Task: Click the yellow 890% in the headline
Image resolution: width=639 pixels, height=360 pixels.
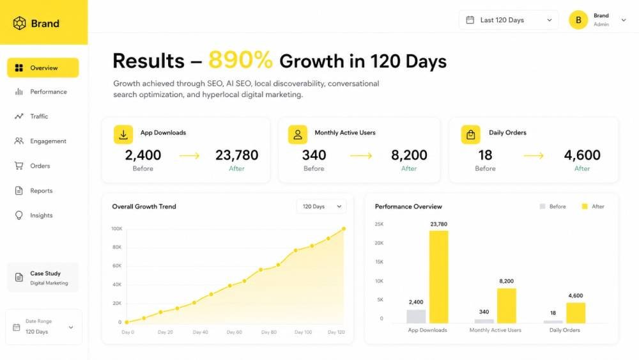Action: pyautogui.click(x=240, y=60)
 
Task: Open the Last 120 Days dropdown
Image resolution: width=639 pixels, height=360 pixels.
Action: pyautogui.click(x=509, y=20)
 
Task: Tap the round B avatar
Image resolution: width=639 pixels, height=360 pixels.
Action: pyautogui.click(x=578, y=20)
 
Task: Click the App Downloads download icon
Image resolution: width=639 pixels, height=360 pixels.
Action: pyautogui.click(x=123, y=134)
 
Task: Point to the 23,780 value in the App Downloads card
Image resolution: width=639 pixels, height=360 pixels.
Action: pyautogui.click(x=237, y=155)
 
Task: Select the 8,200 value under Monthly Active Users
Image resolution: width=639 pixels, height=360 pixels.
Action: pyautogui.click(x=409, y=155)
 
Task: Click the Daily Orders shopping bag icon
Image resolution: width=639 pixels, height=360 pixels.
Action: pyautogui.click(x=471, y=134)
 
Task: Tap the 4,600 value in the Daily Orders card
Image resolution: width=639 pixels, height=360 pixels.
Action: pyautogui.click(x=582, y=155)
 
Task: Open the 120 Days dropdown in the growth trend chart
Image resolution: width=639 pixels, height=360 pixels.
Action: pyautogui.click(x=321, y=207)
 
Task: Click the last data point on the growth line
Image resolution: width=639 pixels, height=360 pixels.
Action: pyautogui.click(x=344, y=229)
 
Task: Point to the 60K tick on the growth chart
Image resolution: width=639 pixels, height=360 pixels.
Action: pyautogui.click(x=117, y=266)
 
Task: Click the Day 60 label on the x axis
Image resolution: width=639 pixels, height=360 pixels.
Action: pyautogui.click(x=235, y=333)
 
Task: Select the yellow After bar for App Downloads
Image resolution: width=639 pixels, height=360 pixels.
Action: pyautogui.click(x=438, y=278)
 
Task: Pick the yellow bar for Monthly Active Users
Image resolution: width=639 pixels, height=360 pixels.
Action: pyautogui.click(x=507, y=306)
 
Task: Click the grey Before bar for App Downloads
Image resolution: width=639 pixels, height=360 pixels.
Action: pyautogui.click(x=416, y=317)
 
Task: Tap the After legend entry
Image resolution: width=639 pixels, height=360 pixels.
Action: pyautogui.click(x=593, y=207)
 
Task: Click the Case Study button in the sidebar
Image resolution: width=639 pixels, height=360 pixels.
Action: pyautogui.click(x=43, y=278)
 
